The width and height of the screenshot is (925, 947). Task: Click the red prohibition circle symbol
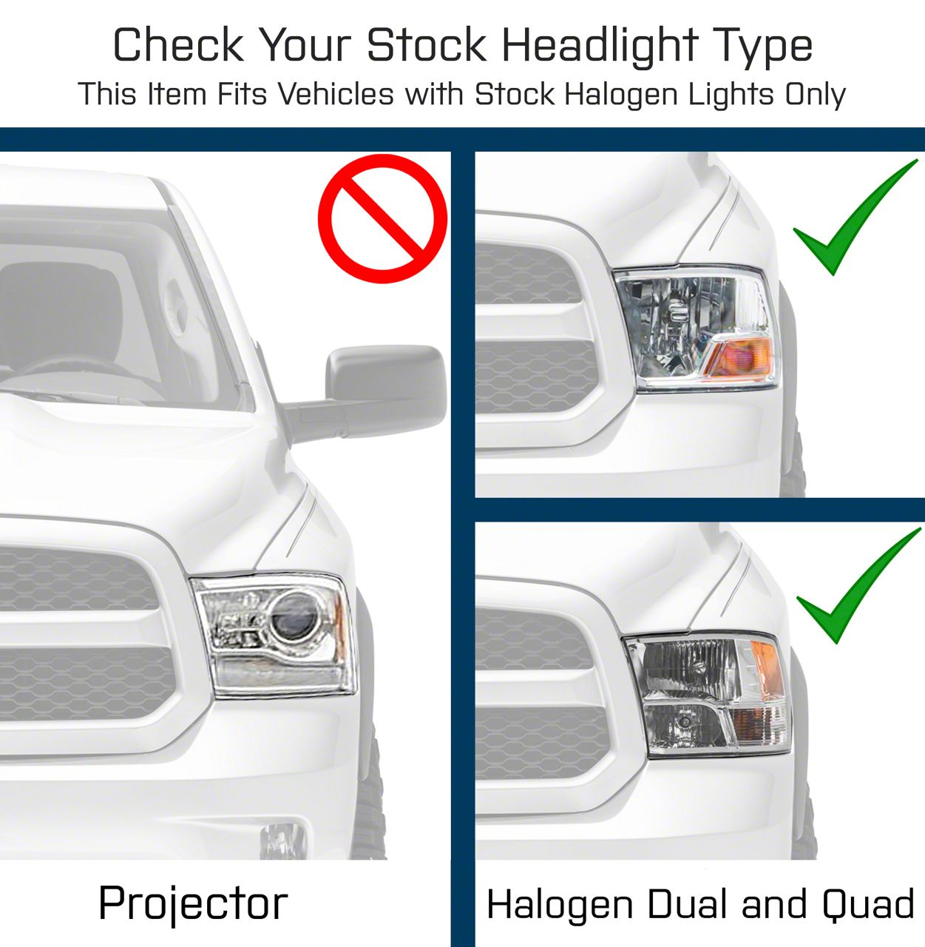click(x=382, y=218)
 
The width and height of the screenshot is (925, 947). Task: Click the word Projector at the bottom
click(x=193, y=904)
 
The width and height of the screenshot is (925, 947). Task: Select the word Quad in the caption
click(x=868, y=904)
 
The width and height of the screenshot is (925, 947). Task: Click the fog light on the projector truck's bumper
click(x=282, y=840)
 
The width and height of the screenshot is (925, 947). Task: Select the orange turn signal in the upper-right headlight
click(x=739, y=357)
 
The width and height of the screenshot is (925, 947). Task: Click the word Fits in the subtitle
click(x=242, y=95)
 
